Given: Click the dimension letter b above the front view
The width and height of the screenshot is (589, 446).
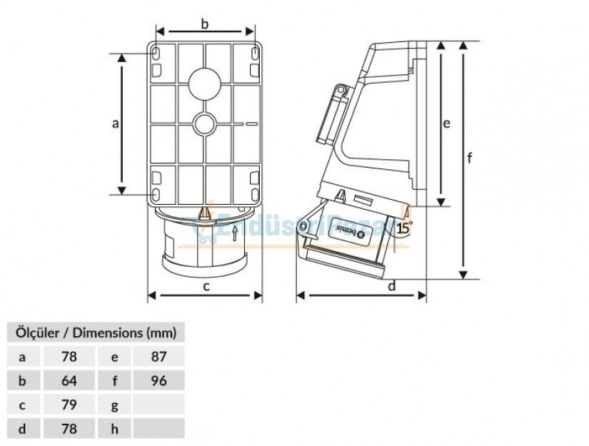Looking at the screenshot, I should [205, 24].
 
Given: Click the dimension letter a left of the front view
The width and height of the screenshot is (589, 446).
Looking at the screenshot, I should [115, 123].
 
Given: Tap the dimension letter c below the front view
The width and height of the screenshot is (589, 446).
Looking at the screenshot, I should [206, 287].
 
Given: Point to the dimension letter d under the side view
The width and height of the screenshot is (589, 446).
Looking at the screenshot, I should [392, 286].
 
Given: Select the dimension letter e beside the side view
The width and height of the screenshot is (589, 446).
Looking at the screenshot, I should [446, 123].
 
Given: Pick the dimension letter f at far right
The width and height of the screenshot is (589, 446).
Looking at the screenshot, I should [469, 158].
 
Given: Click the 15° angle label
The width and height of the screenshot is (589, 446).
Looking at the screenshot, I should [404, 228].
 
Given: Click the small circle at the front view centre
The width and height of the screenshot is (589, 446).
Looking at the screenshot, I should [205, 124].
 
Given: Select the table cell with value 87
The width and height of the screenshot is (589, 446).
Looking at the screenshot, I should [158, 357].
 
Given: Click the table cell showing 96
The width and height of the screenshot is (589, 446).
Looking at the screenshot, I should [158, 381].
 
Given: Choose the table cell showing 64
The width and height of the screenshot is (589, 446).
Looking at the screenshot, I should [69, 381].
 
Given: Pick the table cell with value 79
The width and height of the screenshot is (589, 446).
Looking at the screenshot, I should [69, 405].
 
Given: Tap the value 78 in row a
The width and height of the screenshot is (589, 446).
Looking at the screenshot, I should [69, 357].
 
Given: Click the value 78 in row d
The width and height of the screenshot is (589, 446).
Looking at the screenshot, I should [69, 429].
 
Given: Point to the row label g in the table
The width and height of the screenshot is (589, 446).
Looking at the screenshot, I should [114, 405].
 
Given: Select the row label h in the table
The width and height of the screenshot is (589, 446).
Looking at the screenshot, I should [114, 429].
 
